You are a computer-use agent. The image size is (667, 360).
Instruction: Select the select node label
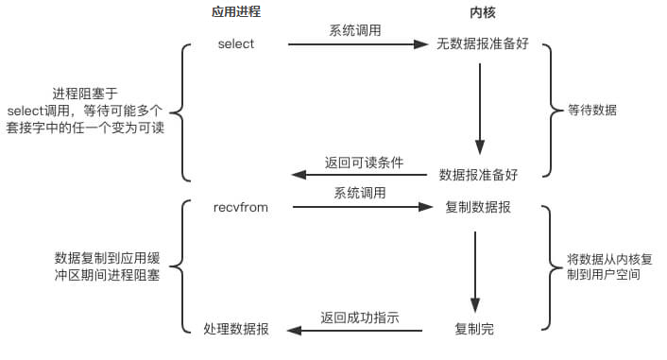235,44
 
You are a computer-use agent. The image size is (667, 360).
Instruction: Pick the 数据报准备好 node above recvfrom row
478,175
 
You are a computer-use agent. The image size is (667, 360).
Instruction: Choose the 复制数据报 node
478,207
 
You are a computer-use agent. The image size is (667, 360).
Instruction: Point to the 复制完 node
474,330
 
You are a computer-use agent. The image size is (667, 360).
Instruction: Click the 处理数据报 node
235,330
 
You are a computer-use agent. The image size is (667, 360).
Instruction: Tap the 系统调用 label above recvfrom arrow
359,193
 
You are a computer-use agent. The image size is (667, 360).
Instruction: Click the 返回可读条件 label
363,162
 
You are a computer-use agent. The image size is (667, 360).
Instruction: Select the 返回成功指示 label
359,317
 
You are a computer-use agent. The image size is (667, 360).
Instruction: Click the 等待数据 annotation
591,110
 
